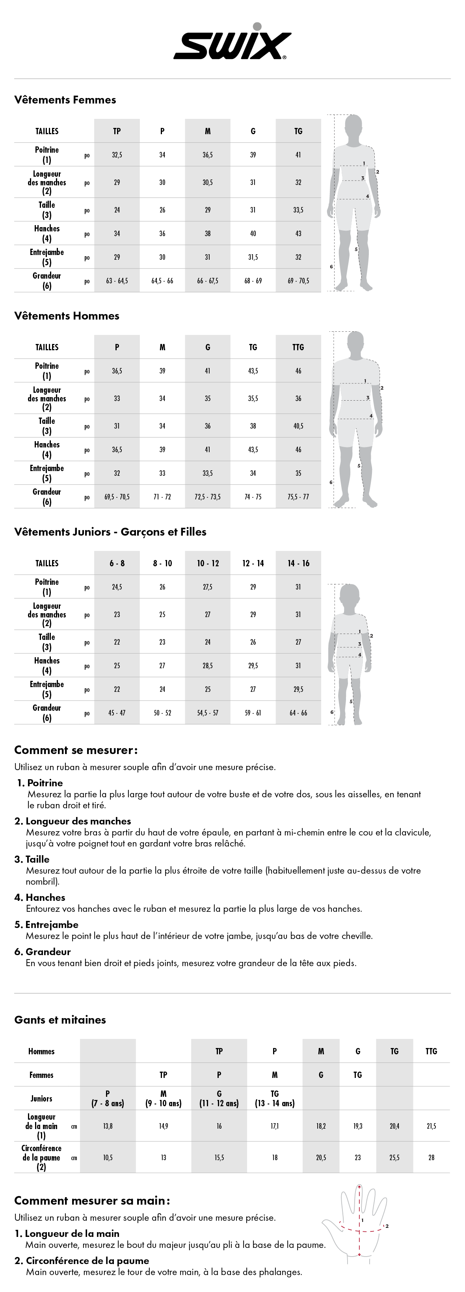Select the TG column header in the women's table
pos(298,131)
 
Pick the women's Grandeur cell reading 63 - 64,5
pos(117,281)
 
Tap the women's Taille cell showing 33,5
pos(298,210)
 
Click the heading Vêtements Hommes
pos(66,316)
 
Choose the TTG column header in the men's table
pos(298,347)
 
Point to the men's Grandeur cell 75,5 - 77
pos(298,497)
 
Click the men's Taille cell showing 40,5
pos(298,426)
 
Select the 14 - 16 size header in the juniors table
pos(298,563)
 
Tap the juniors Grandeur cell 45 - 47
pos(117,713)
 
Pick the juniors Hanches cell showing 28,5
pos(207,665)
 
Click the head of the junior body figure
pos(349,596)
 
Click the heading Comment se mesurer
pos(75,750)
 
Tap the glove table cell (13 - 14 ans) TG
pos(275,1098)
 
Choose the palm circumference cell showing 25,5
pos(394,1157)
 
